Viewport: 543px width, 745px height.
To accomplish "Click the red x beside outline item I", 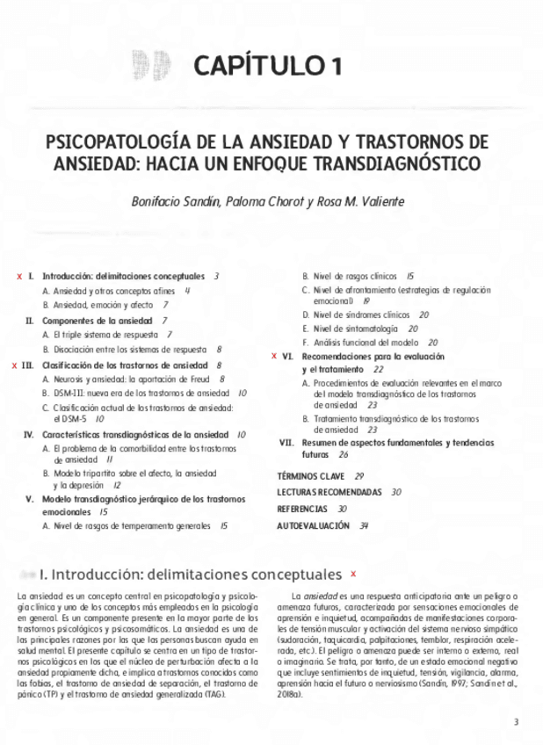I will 19,276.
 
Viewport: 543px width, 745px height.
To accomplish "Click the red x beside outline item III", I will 13,364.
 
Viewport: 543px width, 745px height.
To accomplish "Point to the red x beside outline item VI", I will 274,357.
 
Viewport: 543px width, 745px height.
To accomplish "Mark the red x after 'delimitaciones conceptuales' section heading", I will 353,574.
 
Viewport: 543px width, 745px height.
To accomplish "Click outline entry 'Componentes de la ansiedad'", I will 98,321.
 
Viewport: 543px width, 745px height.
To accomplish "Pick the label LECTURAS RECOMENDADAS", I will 329,492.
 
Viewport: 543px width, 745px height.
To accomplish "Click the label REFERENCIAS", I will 302,509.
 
